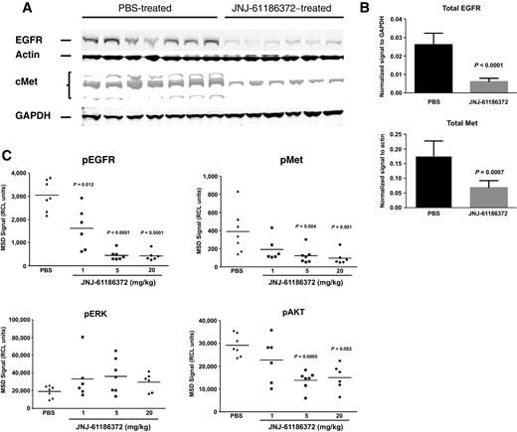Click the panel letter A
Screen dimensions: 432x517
click(x=15, y=9)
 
